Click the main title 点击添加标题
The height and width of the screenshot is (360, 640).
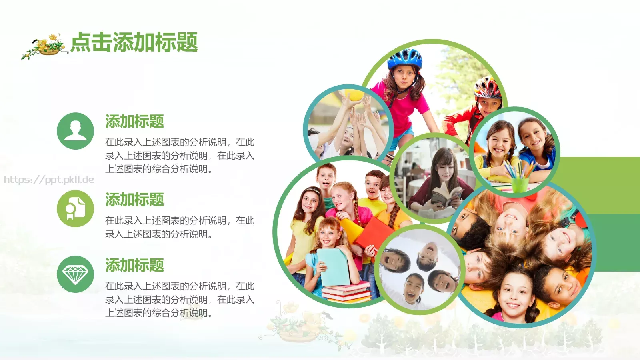click(x=134, y=42)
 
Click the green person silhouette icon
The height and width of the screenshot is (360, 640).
click(x=75, y=131)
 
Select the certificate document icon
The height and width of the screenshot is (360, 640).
click(x=75, y=208)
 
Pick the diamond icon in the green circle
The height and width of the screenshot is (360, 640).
click(x=75, y=274)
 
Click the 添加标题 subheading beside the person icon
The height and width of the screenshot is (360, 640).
click(x=134, y=121)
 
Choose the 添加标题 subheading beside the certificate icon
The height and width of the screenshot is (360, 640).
click(x=134, y=200)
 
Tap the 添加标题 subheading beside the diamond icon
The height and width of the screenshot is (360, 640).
click(x=134, y=265)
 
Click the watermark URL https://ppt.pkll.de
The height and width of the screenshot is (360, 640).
click(x=49, y=180)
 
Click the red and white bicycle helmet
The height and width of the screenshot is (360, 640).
click(x=487, y=88)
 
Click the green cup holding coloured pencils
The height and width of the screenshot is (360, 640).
click(x=520, y=184)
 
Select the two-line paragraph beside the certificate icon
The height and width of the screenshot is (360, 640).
click(x=180, y=227)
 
